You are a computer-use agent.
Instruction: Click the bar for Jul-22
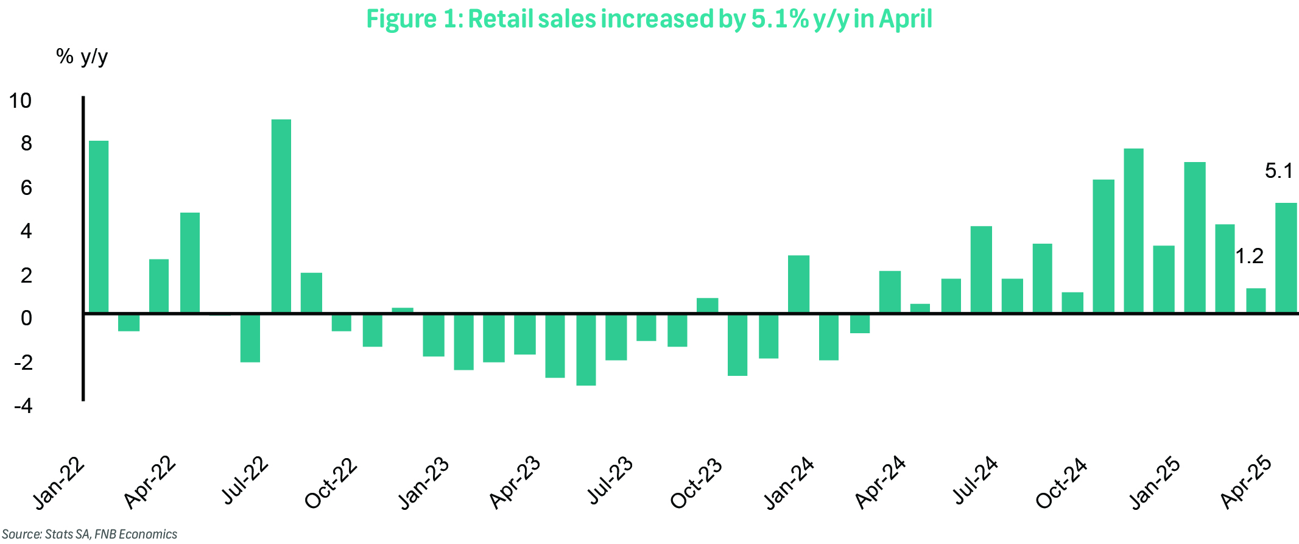coord(281,216)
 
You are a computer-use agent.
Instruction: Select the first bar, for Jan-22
coord(99,227)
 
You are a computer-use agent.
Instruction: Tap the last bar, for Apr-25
coord(1286,258)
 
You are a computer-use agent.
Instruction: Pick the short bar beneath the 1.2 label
coord(1256,300)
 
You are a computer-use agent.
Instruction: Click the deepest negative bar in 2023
coord(586,350)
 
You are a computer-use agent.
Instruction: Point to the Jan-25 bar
coord(1164,279)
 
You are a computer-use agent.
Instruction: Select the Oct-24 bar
coord(1072,303)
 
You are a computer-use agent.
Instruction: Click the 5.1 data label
coord(1278,171)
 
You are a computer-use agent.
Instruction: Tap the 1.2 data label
coord(1249,256)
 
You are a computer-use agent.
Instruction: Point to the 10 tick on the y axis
coord(20,101)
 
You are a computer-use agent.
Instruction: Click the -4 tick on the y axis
coord(23,406)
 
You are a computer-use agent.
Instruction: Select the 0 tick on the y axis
coord(26,318)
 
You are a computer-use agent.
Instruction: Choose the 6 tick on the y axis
coord(26,188)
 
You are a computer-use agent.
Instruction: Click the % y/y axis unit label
coord(82,57)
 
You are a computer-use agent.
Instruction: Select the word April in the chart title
coord(905,19)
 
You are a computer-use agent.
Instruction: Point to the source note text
coord(90,534)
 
